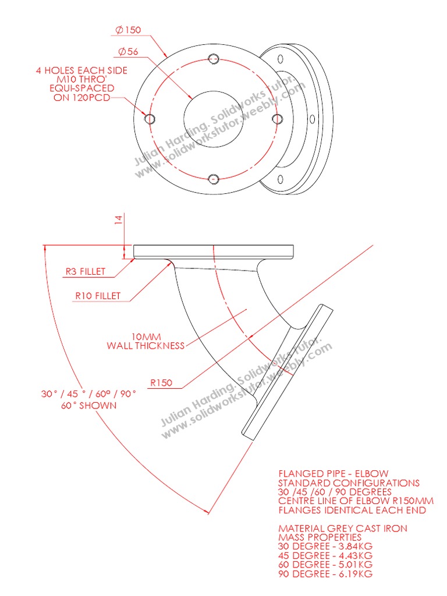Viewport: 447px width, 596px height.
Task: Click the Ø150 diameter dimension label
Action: (129, 30)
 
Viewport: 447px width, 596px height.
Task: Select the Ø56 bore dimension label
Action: (128, 52)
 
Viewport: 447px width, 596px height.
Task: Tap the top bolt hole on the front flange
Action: (214, 58)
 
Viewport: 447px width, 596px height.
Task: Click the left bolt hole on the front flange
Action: (150, 119)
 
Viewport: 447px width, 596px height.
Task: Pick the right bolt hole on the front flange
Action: (276, 119)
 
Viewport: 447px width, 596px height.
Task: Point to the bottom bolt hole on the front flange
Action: (214, 179)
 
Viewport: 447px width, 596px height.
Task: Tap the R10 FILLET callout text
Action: (98, 296)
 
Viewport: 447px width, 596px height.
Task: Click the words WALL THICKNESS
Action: (146, 346)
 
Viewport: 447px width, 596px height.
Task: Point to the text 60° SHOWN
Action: (88, 405)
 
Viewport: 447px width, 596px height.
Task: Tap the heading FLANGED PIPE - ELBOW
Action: (334, 474)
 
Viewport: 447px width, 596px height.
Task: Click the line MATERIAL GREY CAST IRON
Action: (343, 528)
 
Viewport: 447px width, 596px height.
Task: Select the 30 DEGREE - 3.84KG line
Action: (325, 547)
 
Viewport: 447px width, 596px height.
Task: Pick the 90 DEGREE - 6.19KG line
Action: (325, 574)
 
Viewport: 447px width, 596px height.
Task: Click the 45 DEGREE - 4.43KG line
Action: (325, 556)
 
